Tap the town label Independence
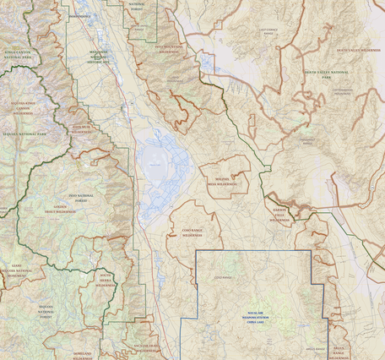(x=80, y=16)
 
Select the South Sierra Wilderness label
(x=106, y=280)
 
